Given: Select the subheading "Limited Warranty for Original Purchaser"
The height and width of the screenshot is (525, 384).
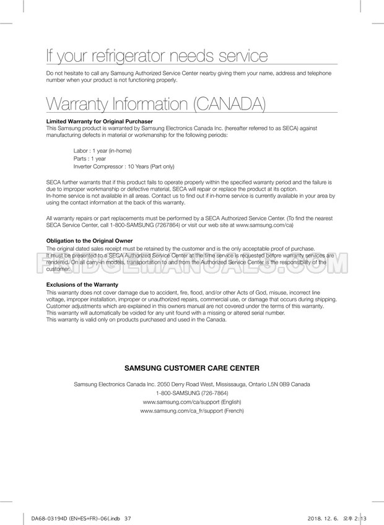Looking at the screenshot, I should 100,121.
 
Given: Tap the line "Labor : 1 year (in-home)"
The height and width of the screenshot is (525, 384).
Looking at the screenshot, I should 102,151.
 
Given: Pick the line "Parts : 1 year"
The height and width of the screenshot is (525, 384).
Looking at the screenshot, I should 90,158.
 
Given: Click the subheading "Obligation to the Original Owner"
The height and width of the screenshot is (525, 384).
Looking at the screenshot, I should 90,241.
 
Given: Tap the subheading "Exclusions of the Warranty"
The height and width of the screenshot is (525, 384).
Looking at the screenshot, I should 83,285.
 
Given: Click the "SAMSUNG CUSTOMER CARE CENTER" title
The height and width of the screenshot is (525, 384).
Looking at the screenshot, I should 192,368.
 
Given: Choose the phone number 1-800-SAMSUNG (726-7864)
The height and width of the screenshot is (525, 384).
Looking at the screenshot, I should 192,393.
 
